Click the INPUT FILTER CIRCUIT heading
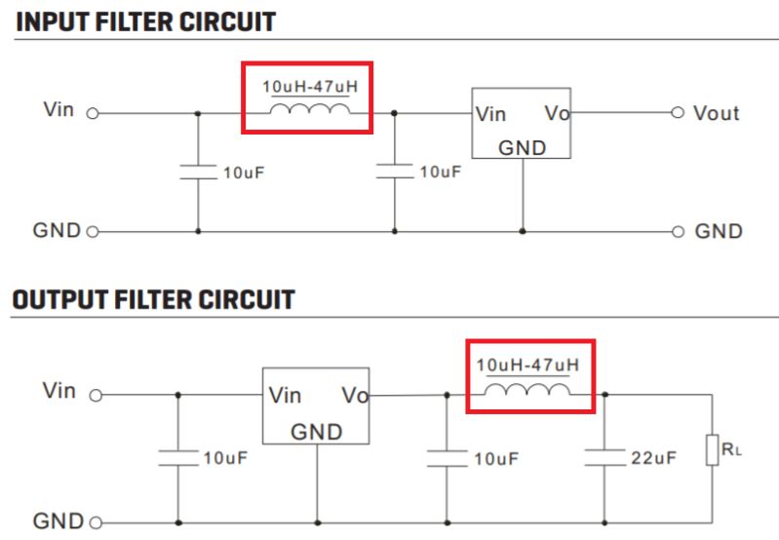tap(146, 20)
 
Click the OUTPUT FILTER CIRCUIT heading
tap(153, 299)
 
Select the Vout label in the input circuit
tap(716, 113)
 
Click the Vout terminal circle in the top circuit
tap(679, 113)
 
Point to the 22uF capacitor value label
tap(653, 457)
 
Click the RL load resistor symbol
tap(714, 451)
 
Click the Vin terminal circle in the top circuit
tap(94, 113)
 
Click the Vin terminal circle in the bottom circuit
tap(96, 396)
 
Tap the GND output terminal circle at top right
tap(679, 232)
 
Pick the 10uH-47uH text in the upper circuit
tap(309, 87)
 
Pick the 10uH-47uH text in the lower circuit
tap(527, 366)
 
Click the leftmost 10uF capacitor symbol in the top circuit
tap(199, 172)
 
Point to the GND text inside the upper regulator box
tap(522, 148)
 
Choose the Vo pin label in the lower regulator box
tap(355, 396)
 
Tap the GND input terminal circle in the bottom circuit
tap(96, 521)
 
